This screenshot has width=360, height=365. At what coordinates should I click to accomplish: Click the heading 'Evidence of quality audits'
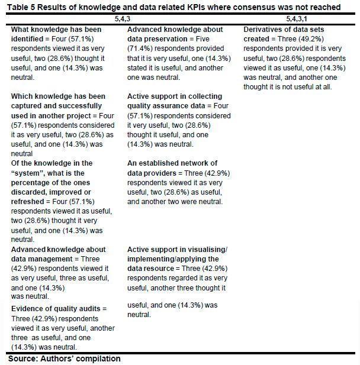click(59, 309)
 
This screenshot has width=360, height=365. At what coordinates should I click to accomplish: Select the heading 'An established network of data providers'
click(172, 167)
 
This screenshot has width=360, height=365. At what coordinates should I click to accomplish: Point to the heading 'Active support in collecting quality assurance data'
click(175, 101)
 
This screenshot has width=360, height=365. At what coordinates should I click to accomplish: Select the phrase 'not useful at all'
click(301, 86)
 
